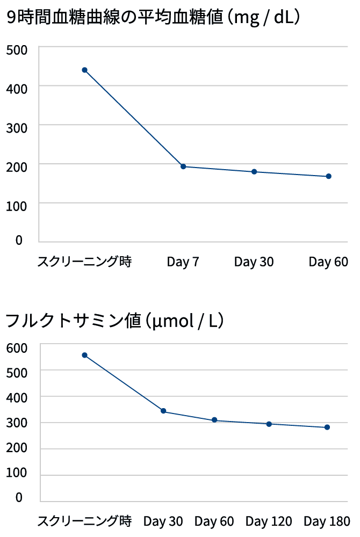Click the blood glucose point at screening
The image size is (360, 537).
[84, 70]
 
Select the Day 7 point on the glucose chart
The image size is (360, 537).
[183, 166]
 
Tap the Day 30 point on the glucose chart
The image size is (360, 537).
[254, 172]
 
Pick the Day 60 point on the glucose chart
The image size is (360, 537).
[328, 176]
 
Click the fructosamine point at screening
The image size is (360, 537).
[84, 355]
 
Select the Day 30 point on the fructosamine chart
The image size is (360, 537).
[163, 411]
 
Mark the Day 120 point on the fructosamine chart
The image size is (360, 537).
[269, 424]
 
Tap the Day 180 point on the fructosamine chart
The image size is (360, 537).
[327, 427]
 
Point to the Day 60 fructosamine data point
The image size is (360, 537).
[214, 420]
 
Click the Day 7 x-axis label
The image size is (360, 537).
[183, 262]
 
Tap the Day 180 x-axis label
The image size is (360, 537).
[327, 521]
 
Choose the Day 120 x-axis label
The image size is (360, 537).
[269, 521]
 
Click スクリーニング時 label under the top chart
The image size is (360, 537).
[84, 262]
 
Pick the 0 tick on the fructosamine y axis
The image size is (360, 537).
[19, 497]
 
